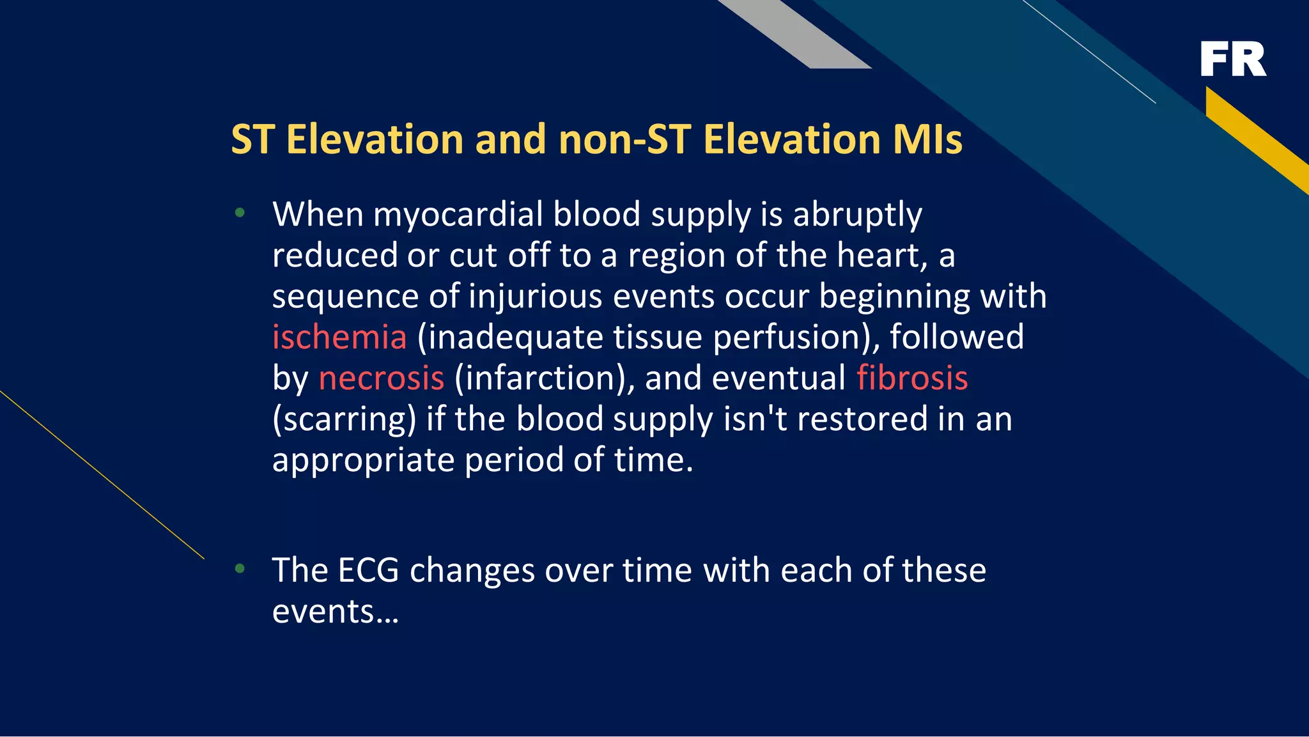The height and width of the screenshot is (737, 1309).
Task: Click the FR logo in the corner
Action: (x=1233, y=59)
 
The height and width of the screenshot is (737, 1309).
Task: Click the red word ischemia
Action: (x=339, y=337)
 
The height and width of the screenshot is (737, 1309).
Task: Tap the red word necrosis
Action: (x=381, y=378)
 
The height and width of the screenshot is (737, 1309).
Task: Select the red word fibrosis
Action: (x=912, y=378)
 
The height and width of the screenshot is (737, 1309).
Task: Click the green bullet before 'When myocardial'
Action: (x=240, y=213)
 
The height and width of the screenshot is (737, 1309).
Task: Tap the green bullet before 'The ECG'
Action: (x=240, y=568)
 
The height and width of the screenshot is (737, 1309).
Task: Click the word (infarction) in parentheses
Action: (x=545, y=378)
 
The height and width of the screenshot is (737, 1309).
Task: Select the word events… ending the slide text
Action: (x=335, y=611)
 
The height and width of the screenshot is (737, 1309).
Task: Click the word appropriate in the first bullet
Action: (x=363, y=461)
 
